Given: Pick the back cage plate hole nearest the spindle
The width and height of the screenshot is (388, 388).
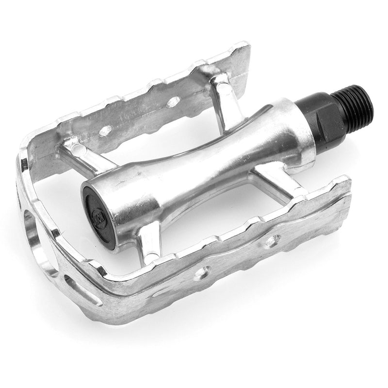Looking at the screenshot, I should tap(173, 101).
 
